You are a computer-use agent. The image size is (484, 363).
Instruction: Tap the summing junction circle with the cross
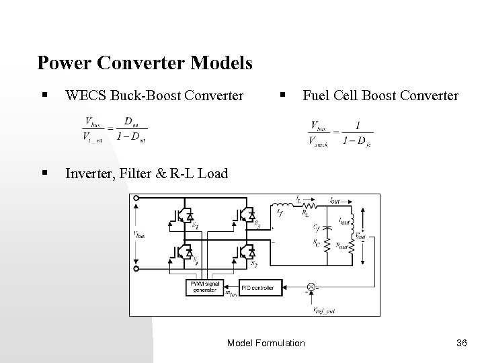[311, 287]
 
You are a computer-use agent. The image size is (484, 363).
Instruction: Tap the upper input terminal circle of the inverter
[138, 199]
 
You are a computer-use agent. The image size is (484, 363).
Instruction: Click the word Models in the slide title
[222, 63]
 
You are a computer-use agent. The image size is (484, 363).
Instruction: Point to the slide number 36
[461, 344]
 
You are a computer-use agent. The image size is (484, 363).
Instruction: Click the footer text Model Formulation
[266, 344]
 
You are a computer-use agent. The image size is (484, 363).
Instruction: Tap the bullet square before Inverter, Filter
[44, 174]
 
